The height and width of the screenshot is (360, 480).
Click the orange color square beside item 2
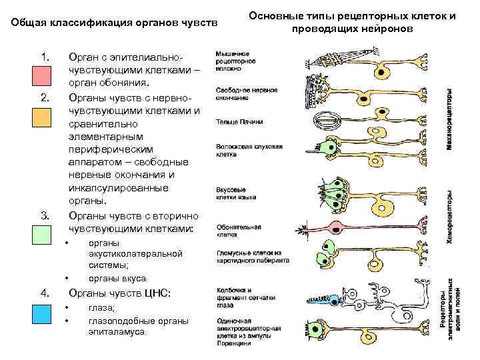point(41,117)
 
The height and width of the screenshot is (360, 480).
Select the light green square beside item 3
point(41,235)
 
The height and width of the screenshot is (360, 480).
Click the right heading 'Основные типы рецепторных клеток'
point(353,16)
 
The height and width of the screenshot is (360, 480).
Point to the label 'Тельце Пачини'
point(239,123)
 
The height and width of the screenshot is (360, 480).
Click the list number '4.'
point(45,293)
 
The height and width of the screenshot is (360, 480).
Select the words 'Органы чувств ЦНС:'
point(120,293)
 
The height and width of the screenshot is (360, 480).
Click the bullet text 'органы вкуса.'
point(118,278)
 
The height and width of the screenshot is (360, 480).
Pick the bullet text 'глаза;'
point(102,307)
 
